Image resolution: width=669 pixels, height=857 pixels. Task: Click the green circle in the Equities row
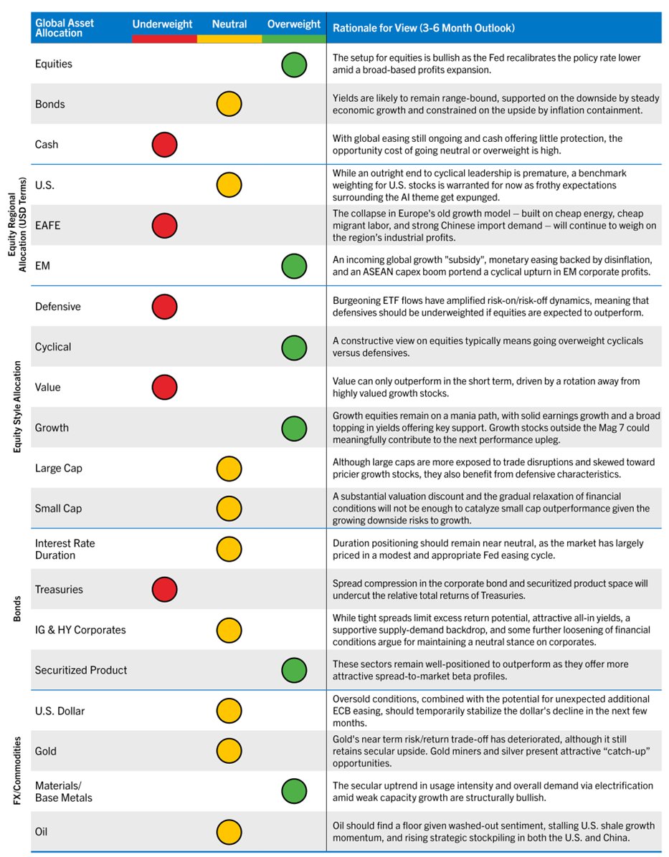(294, 64)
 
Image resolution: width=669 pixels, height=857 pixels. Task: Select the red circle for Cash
(164, 145)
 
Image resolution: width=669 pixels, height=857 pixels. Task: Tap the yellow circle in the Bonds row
(229, 104)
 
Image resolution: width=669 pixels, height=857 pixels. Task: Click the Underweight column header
(162, 24)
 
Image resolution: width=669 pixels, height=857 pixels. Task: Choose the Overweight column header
(294, 24)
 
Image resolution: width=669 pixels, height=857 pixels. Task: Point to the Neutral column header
(229, 24)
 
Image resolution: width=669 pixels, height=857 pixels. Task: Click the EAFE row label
(47, 225)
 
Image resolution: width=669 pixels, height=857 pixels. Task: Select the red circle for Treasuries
(164, 590)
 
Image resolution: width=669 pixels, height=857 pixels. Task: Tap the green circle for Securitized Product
(294, 671)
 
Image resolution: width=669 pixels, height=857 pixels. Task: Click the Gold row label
(46, 751)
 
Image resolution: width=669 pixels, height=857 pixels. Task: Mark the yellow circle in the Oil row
(229, 832)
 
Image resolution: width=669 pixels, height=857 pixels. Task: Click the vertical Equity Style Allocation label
(18, 406)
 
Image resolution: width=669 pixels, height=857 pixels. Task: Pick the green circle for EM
(294, 266)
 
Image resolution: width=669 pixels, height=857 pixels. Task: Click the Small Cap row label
(58, 509)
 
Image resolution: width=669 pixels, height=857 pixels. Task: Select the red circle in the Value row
(164, 388)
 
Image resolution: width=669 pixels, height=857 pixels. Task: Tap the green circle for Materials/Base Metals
(294, 791)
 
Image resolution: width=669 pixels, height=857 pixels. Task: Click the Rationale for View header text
(423, 28)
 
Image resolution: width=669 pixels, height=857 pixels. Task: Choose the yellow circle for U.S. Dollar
(229, 711)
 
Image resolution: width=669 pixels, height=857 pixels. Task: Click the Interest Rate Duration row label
(65, 549)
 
